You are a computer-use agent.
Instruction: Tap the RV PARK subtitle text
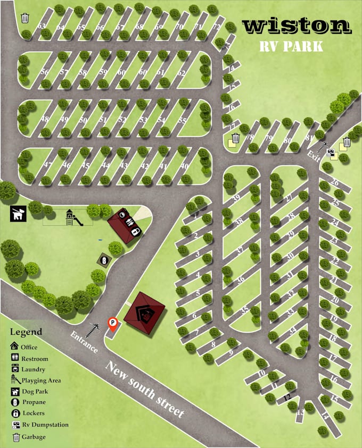(291, 46)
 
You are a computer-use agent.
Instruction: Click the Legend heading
(26, 332)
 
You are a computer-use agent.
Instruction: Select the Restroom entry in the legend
(34, 359)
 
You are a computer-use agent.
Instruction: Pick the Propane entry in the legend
(34, 402)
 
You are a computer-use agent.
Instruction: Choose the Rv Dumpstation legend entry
(45, 425)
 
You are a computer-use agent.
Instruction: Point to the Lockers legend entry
(34, 413)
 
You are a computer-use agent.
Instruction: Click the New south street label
(144, 390)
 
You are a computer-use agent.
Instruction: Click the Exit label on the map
(314, 155)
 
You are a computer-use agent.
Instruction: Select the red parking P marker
(113, 323)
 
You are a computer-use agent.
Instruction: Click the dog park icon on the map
(18, 214)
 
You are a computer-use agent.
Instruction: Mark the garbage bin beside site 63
(24, 18)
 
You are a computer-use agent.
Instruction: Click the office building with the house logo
(144, 314)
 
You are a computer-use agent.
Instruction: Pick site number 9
(231, 351)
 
